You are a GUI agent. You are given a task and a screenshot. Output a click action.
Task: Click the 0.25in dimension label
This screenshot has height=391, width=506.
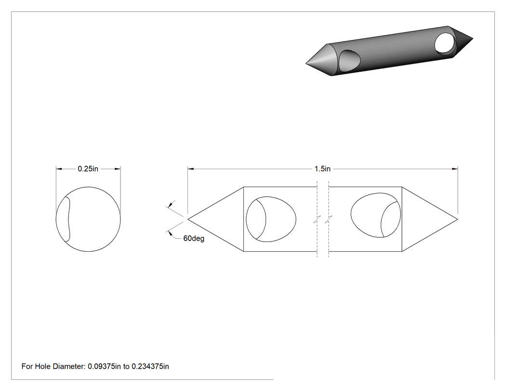coord(88,169)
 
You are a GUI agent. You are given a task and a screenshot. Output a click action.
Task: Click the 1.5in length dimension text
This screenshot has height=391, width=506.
coord(322,169)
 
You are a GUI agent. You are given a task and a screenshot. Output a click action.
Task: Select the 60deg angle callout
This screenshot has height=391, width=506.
coord(194,238)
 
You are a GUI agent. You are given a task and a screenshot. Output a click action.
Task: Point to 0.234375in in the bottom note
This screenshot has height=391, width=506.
coord(150,366)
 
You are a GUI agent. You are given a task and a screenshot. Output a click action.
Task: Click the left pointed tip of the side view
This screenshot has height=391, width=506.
coord(188,219)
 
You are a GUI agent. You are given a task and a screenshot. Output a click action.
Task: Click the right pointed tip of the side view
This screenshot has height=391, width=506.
coord(457,219)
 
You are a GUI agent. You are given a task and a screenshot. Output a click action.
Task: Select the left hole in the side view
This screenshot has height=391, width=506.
coord(271,219)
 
